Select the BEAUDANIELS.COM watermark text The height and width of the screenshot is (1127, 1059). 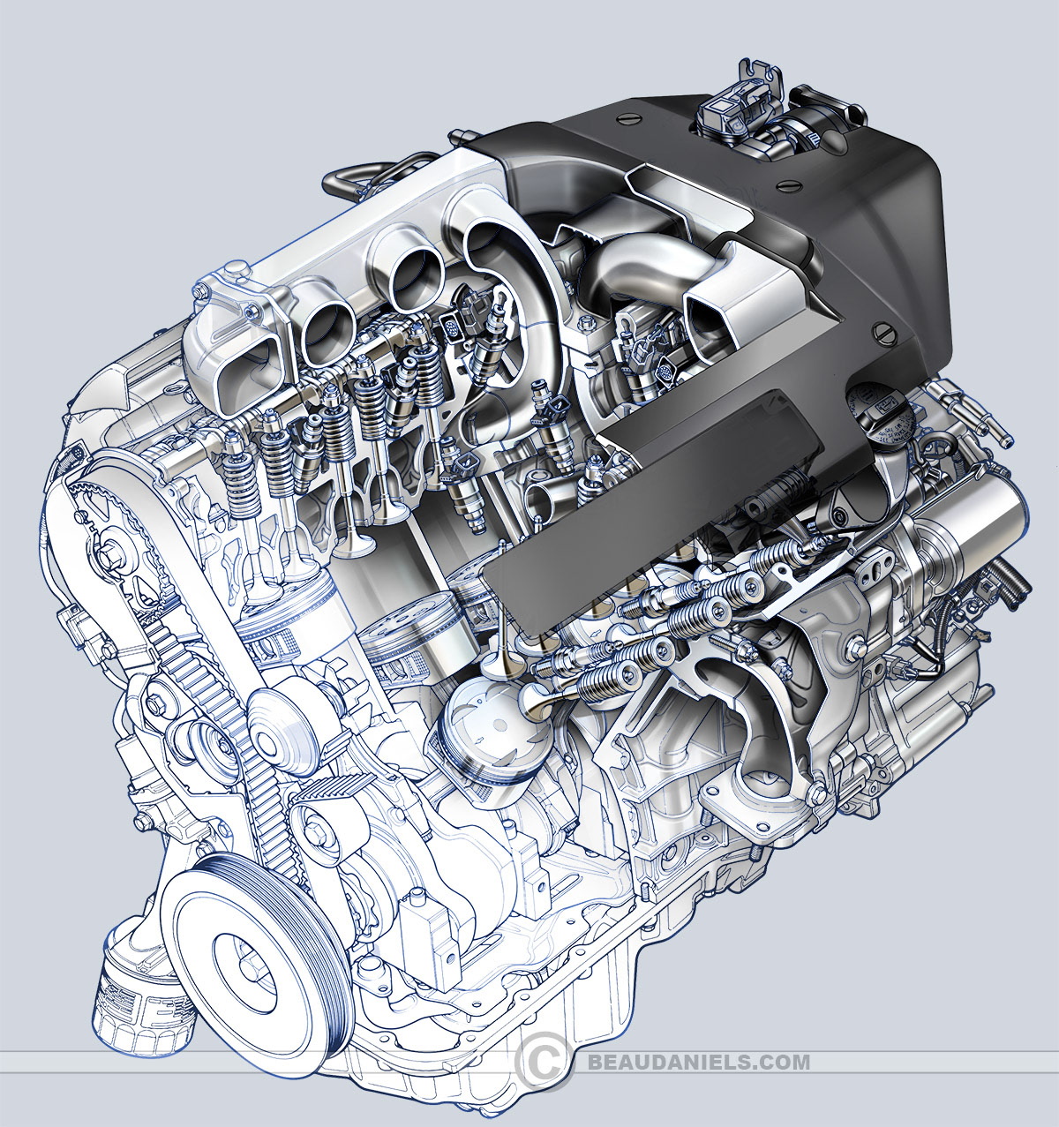(x=697, y=1061)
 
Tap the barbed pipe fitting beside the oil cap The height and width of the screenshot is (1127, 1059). (x=975, y=415)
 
